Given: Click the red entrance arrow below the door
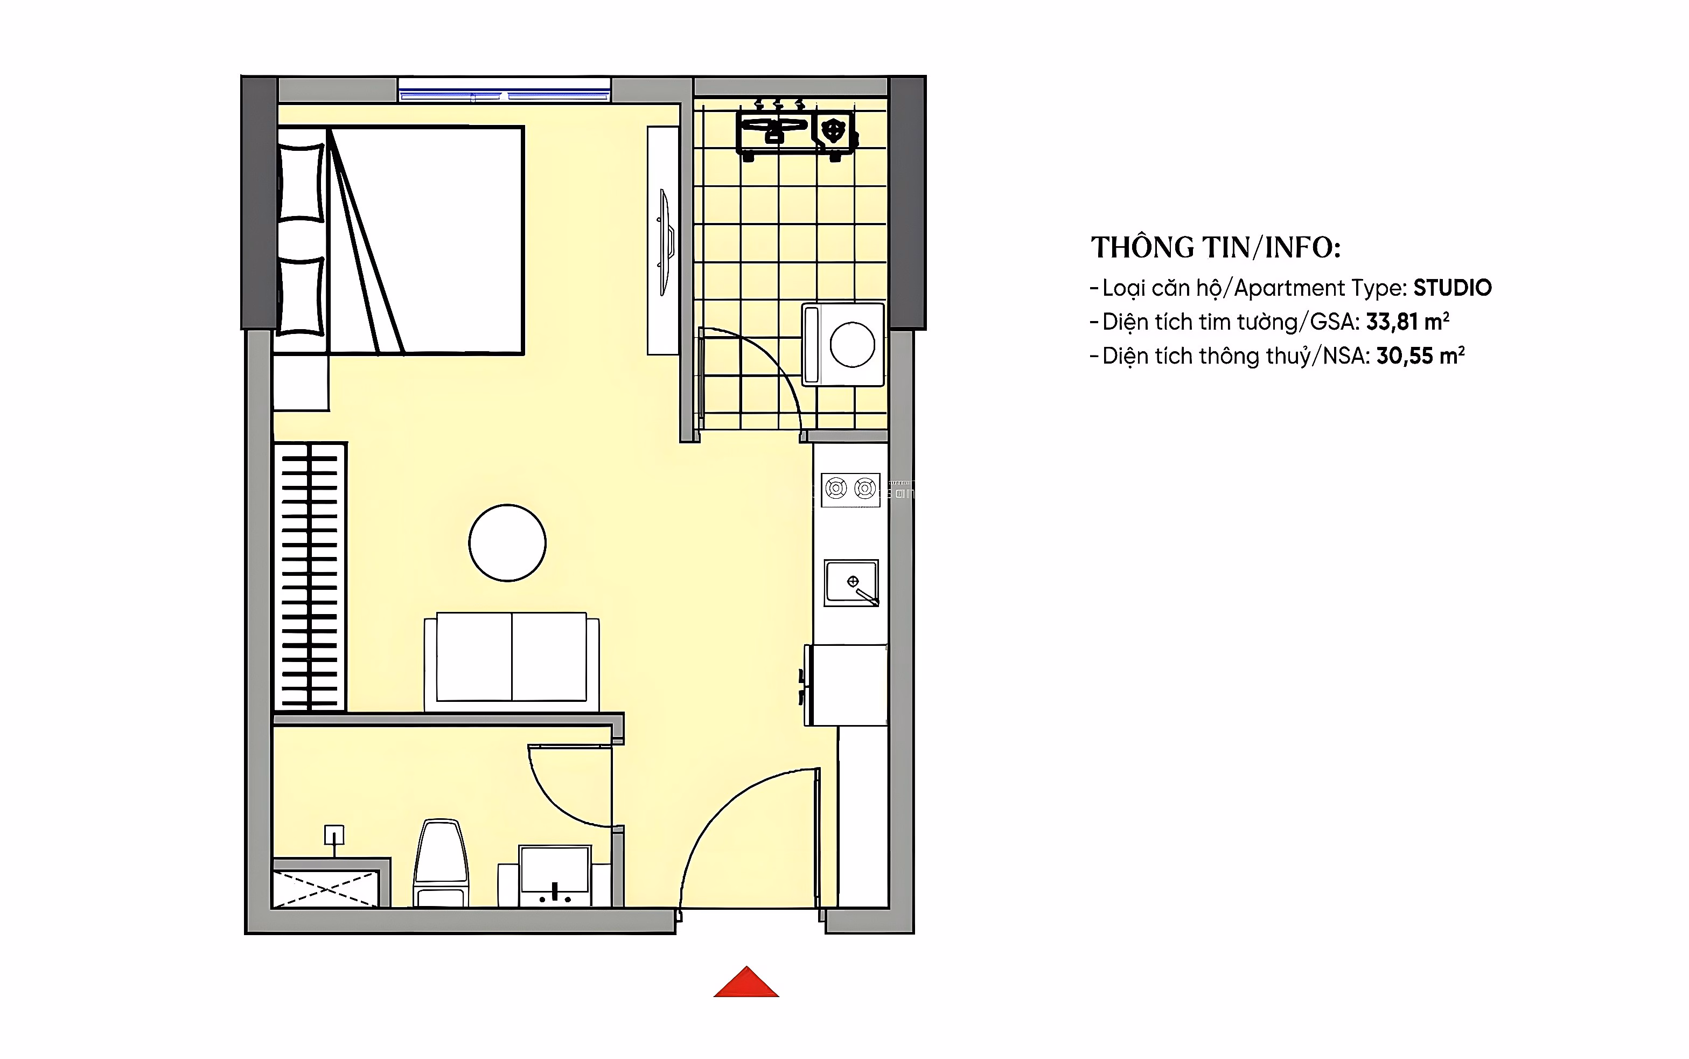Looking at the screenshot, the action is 746,982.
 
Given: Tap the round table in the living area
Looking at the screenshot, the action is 507,543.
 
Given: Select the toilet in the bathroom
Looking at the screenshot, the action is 441,863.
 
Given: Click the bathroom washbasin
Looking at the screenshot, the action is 555,875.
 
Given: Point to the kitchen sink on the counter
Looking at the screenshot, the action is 851,582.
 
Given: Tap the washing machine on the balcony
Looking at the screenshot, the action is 843,344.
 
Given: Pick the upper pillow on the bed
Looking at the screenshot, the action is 301,183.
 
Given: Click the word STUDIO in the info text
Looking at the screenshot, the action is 1453,288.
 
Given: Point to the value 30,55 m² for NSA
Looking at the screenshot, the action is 1420,356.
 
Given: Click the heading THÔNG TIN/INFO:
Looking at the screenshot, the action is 1216,247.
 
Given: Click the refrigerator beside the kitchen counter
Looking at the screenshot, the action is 845,685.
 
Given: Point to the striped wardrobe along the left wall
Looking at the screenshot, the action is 310,577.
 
